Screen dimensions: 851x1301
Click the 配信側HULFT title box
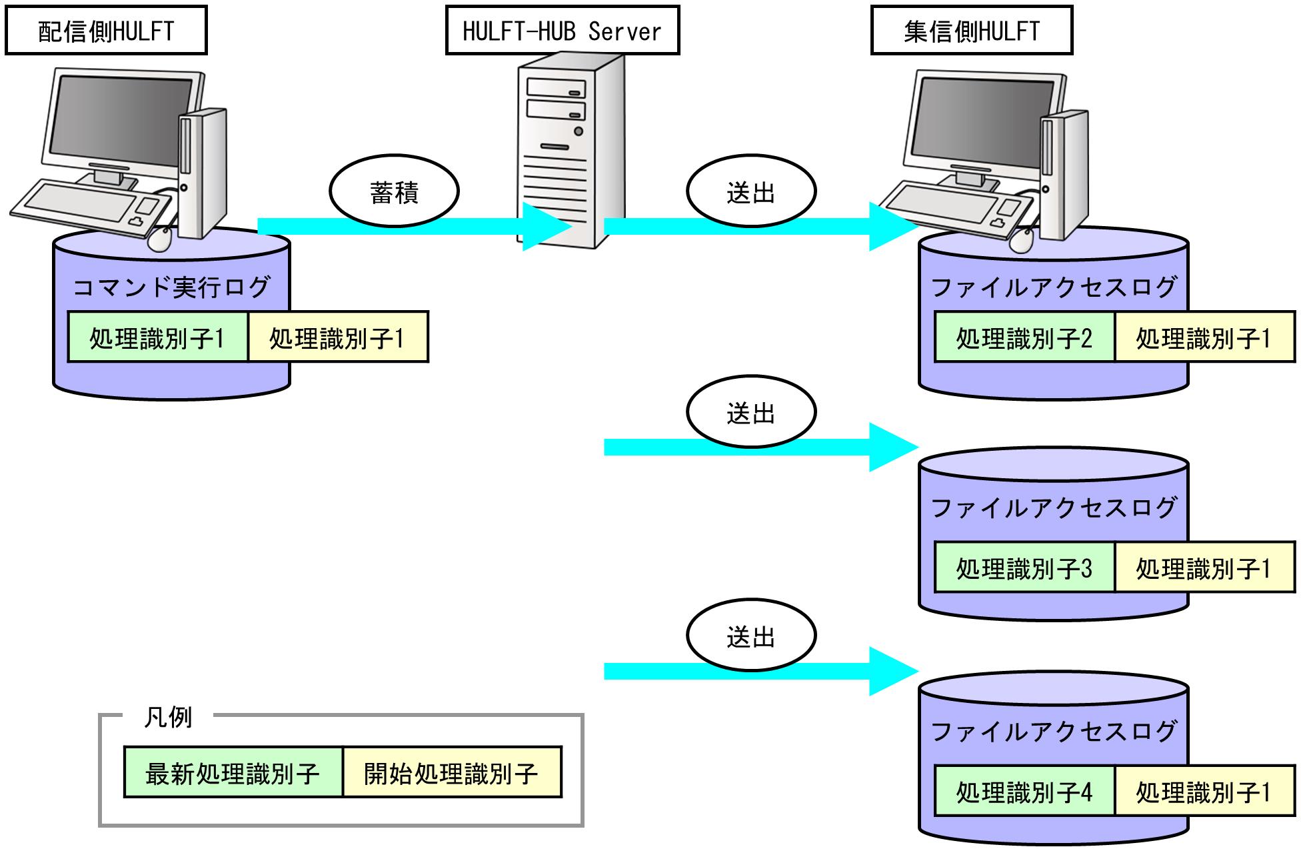coord(106,31)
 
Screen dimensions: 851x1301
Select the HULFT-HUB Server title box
coord(562,31)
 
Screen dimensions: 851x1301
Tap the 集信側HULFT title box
coord(971,31)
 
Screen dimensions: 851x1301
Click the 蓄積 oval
coord(394,192)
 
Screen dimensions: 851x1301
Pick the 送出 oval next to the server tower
coord(751,192)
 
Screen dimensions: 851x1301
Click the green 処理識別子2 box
coord(1024,338)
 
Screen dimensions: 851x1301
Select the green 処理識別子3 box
coord(1024,568)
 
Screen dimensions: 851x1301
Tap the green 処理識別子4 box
coord(1024,792)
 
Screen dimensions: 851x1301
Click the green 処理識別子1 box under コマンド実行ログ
coord(157,337)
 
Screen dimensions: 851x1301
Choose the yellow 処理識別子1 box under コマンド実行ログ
coord(337,337)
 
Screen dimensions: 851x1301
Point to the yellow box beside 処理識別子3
coord(1204,568)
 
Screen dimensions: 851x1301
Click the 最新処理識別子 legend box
coord(233,773)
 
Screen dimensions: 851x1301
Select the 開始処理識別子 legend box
coord(452,773)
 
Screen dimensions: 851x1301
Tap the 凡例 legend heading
coord(168,718)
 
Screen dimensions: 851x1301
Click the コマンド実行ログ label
coord(171,287)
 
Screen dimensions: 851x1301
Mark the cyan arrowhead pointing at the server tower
coord(547,227)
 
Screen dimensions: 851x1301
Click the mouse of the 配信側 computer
coord(159,239)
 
